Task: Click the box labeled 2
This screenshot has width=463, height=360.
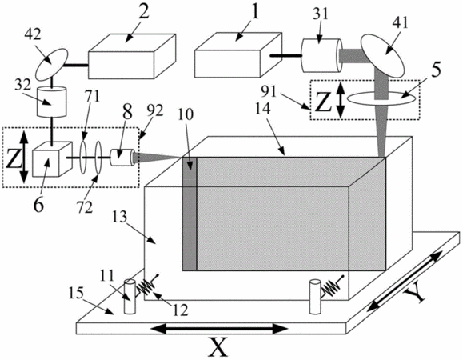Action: (x=132, y=57)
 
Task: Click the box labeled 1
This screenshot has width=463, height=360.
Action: (x=238, y=55)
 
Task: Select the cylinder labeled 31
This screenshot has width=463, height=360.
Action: (x=322, y=55)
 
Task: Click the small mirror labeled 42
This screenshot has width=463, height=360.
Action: (x=52, y=64)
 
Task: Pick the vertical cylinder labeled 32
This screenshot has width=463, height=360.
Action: (x=51, y=102)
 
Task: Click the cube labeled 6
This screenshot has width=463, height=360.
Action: (x=52, y=159)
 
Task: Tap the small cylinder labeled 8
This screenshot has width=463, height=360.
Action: (x=122, y=158)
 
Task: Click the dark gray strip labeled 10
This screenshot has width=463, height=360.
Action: (x=190, y=214)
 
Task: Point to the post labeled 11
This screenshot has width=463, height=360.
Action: (x=130, y=297)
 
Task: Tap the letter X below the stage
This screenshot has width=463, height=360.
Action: (x=218, y=347)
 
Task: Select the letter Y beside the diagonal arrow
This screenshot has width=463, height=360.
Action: (x=414, y=295)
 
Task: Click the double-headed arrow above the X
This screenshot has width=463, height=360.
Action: (x=219, y=329)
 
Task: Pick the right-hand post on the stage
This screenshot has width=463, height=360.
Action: (x=315, y=297)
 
